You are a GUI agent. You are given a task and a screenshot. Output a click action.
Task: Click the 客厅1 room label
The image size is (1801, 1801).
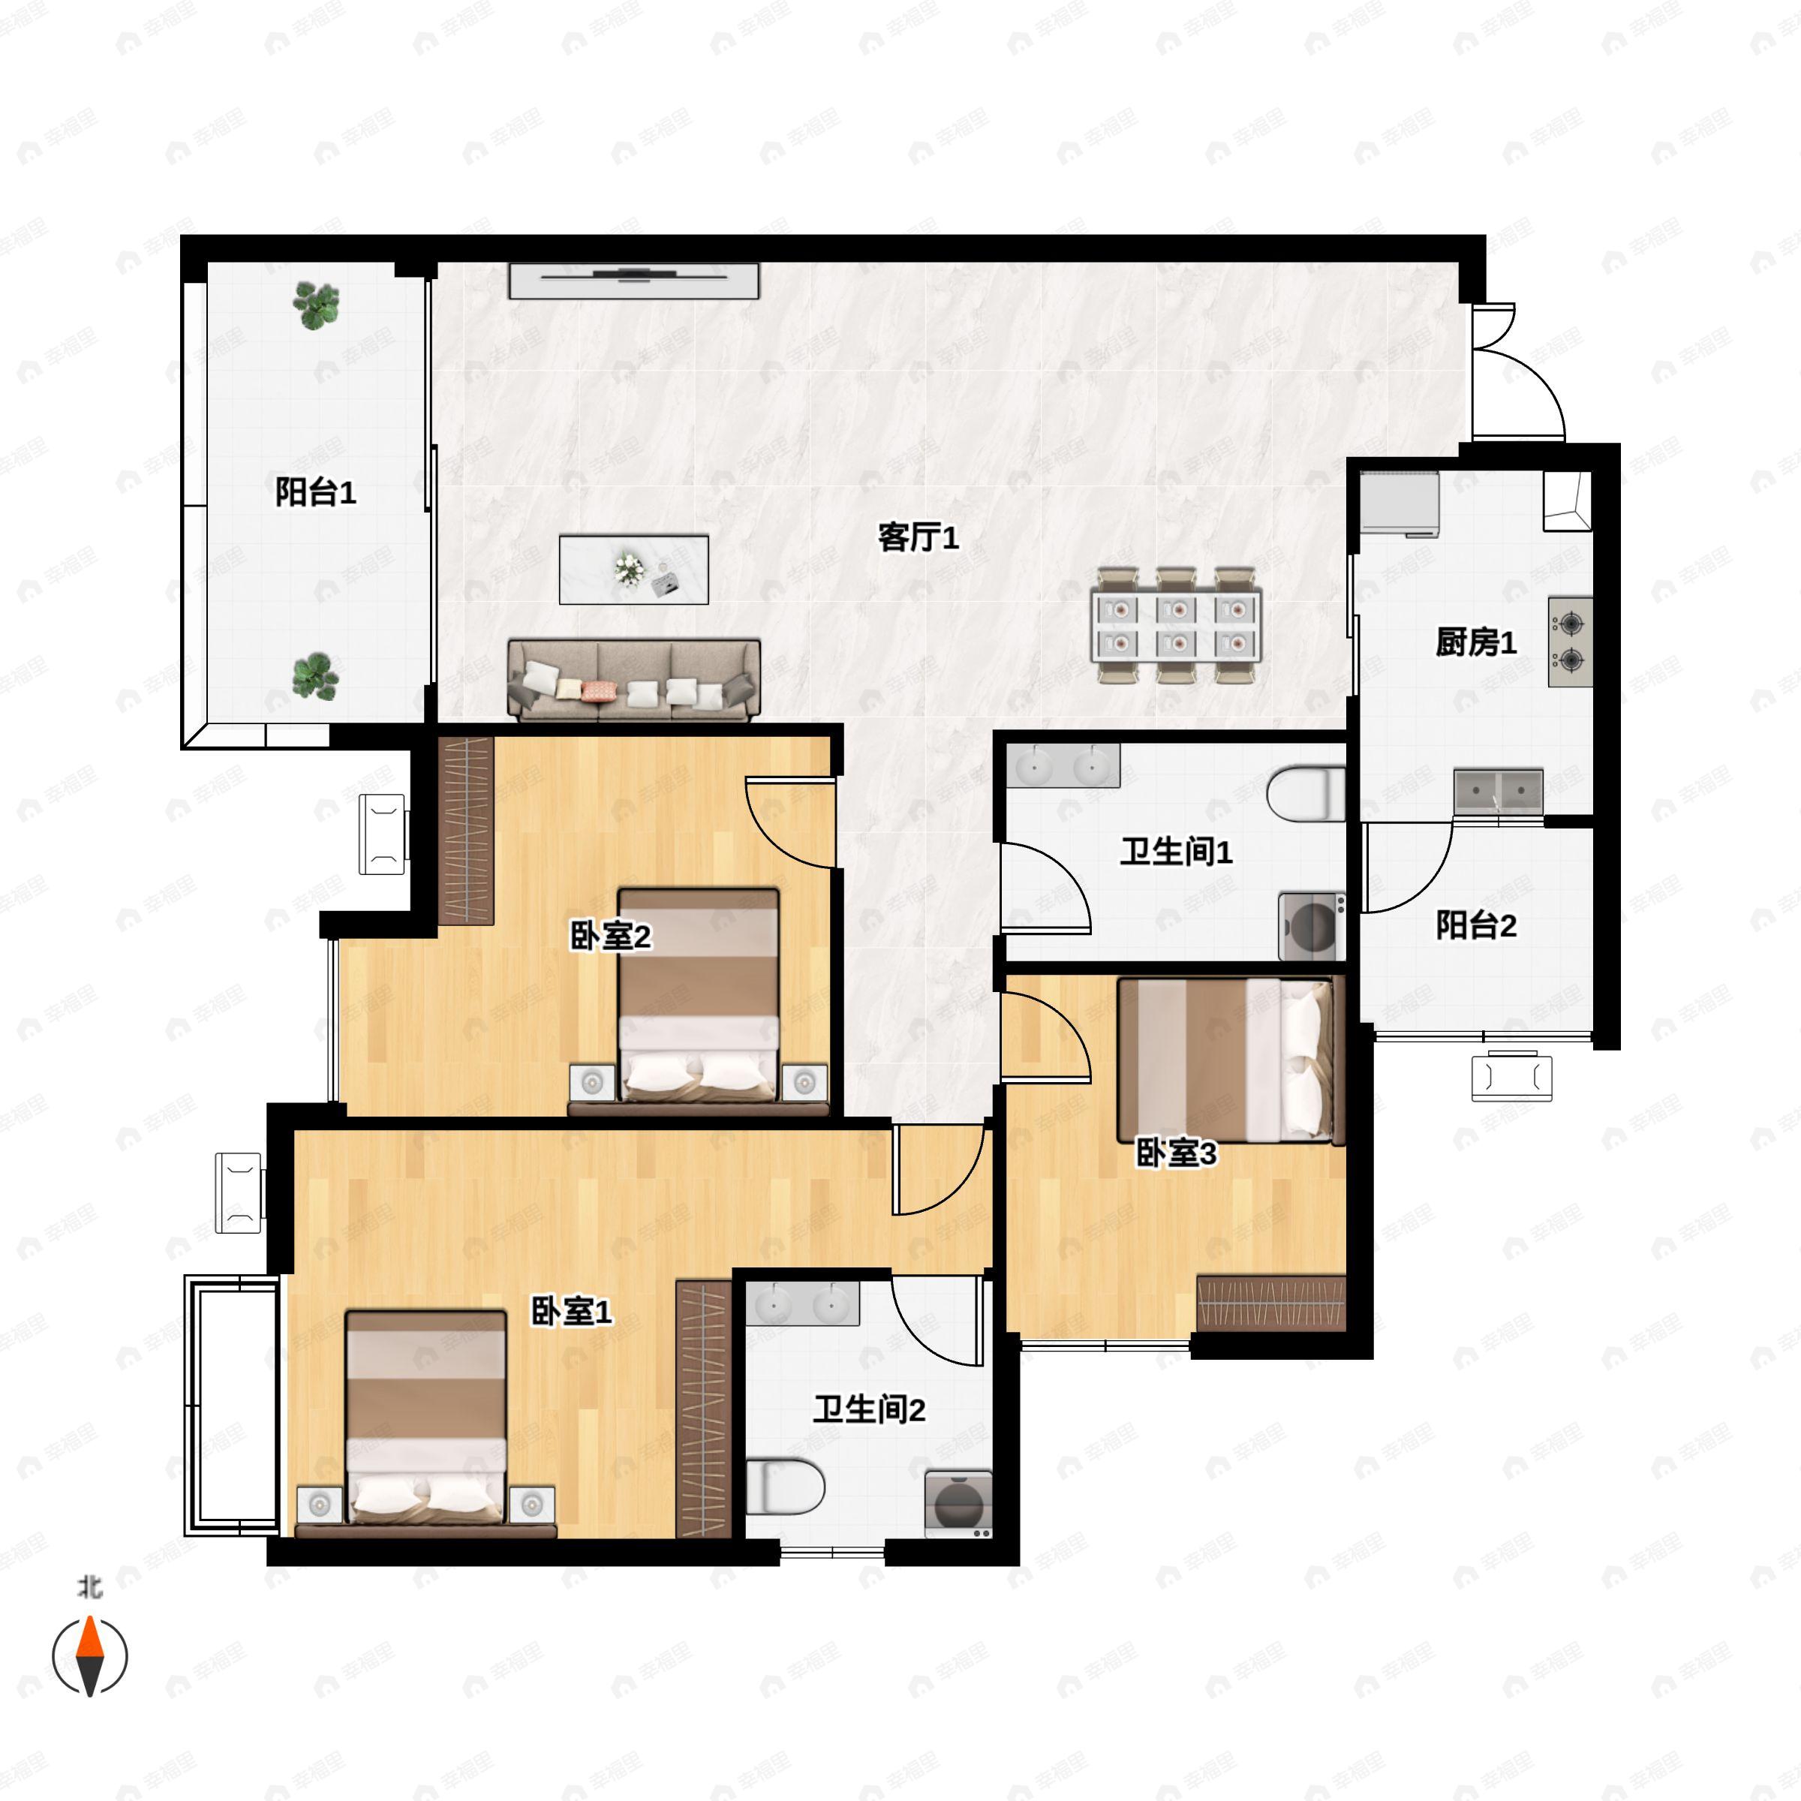(x=919, y=537)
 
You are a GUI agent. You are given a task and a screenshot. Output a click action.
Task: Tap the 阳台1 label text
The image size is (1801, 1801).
(x=315, y=492)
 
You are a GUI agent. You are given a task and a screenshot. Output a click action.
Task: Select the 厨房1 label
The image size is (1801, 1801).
(x=1475, y=642)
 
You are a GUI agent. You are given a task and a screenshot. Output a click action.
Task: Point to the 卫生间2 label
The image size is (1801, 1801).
(x=869, y=1409)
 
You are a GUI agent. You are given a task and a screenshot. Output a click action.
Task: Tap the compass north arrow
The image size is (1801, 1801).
(x=89, y=1656)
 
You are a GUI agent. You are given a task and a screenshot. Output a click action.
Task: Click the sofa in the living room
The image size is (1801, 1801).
(x=634, y=681)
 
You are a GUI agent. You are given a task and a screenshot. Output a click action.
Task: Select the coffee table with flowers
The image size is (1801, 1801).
(x=634, y=570)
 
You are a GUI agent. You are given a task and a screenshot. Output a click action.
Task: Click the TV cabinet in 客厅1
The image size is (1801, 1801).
(x=634, y=281)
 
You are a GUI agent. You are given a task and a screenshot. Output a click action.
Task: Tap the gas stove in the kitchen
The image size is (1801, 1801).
(x=1571, y=642)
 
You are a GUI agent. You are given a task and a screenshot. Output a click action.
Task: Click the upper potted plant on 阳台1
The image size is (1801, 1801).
(x=316, y=305)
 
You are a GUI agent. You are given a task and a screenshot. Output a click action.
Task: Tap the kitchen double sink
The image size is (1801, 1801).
(x=1498, y=792)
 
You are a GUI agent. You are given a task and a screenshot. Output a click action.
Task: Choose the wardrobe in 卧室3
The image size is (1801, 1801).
(x=1271, y=1302)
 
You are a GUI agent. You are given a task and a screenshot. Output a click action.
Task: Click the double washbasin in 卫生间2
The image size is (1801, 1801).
(x=801, y=1304)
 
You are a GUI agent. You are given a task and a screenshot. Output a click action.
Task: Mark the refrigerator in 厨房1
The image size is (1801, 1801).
(x=1400, y=504)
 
